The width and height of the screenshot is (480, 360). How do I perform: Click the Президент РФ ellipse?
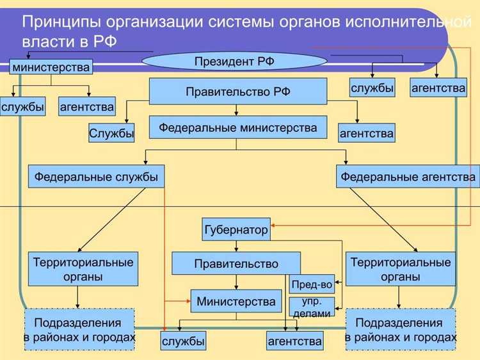235,62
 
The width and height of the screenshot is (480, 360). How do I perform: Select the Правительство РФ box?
238,92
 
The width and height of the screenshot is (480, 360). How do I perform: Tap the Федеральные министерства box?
238,127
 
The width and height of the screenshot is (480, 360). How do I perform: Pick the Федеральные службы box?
96,176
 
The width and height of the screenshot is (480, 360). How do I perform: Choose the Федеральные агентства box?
408,176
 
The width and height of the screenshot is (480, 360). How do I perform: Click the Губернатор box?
236,230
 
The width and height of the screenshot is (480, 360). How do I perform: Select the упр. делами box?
312,307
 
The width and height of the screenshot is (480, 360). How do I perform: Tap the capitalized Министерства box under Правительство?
236,301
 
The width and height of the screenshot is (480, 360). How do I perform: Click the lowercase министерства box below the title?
51,67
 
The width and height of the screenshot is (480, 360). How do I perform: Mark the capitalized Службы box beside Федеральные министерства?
111,133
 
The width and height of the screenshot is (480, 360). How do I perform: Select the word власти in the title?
45,41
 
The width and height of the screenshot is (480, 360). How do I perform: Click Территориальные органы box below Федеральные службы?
83,269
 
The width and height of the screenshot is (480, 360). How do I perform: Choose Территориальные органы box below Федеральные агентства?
401,269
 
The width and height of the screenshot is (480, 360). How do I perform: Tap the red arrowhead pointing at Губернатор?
273,225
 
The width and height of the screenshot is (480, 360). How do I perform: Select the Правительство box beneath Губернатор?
236,263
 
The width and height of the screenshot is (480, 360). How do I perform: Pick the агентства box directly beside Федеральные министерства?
367,133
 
